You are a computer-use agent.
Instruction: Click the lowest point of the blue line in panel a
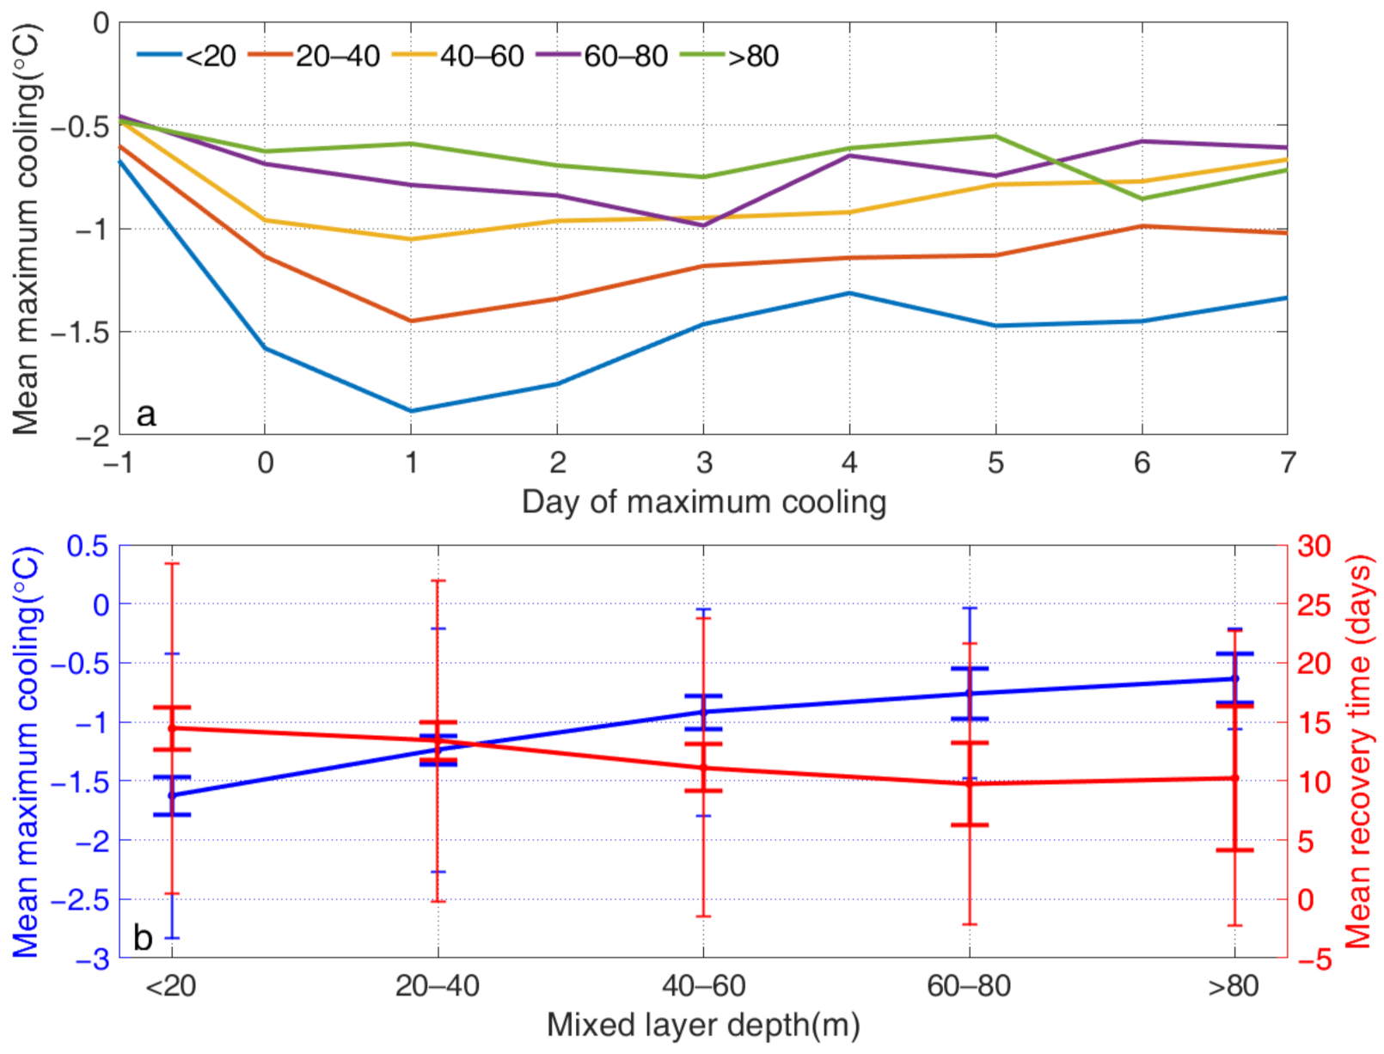[411, 411]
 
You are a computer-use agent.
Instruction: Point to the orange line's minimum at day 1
[411, 321]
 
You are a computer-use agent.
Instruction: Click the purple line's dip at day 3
[703, 226]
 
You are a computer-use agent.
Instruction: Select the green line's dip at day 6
[1142, 199]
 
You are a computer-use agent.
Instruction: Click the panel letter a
[146, 414]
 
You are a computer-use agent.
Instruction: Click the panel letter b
[143, 938]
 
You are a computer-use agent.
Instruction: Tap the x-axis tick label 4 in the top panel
[849, 463]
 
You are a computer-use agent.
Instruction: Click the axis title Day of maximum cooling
[703, 501]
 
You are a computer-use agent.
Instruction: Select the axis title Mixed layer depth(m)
[703, 1025]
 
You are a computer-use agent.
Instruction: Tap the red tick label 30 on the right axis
[1313, 545]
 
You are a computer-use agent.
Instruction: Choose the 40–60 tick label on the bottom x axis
[703, 985]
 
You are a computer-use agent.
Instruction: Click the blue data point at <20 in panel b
[171, 795]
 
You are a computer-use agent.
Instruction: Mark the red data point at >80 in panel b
[1235, 778]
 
